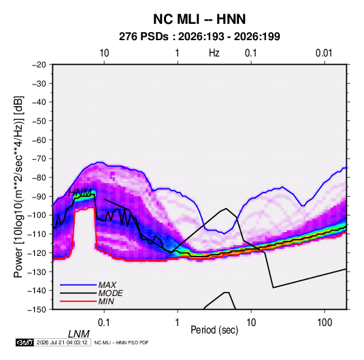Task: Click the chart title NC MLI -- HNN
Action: click(x=199, y=19)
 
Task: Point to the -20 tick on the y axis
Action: click(x=39, y=65)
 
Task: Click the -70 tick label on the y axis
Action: click(x=39, y=159)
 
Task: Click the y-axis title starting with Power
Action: click(x=18, y=186)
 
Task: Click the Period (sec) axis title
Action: click(x=214, y=330)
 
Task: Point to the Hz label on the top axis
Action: click(x=214, y=53)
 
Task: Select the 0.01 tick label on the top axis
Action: click(x=324, y=53)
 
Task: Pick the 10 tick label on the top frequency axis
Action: click(x=104, y=53)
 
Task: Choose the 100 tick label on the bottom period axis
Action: click(x=325, y=323)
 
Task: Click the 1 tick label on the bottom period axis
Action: click(x=178, y=323)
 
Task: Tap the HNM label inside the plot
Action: click(x=80, y=193)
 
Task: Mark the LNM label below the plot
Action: click(x=78, y=334)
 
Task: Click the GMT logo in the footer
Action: click(x=24, y=342)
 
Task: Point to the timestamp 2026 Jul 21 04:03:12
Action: click(x=62, y=342)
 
